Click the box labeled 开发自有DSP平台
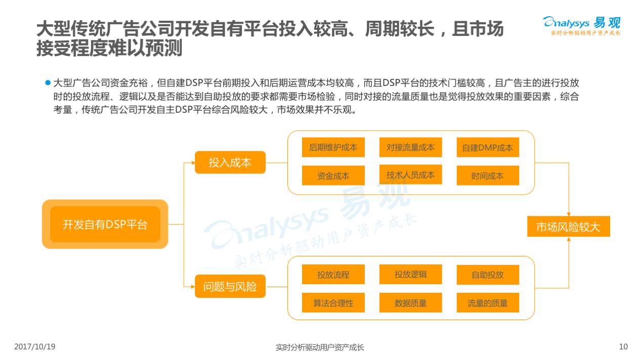[105, 224]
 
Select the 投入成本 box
[230, 162]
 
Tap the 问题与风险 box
[230, 287]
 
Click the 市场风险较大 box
[568, 227]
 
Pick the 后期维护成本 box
[333, 147]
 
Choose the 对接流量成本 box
[410, 147]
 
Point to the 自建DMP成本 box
[487, 148]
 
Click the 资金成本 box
[333, 175]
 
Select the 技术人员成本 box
[410, 174]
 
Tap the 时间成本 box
[487, 175]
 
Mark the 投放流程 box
[333, 275]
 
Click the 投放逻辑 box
[410, 274]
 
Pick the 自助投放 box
[487, 275]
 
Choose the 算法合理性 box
[333, 302]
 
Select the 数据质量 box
[410, 302]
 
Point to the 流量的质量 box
[487, 302]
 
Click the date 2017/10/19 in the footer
[35, 347]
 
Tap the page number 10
[623, 347]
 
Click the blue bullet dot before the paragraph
[49, 82]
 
